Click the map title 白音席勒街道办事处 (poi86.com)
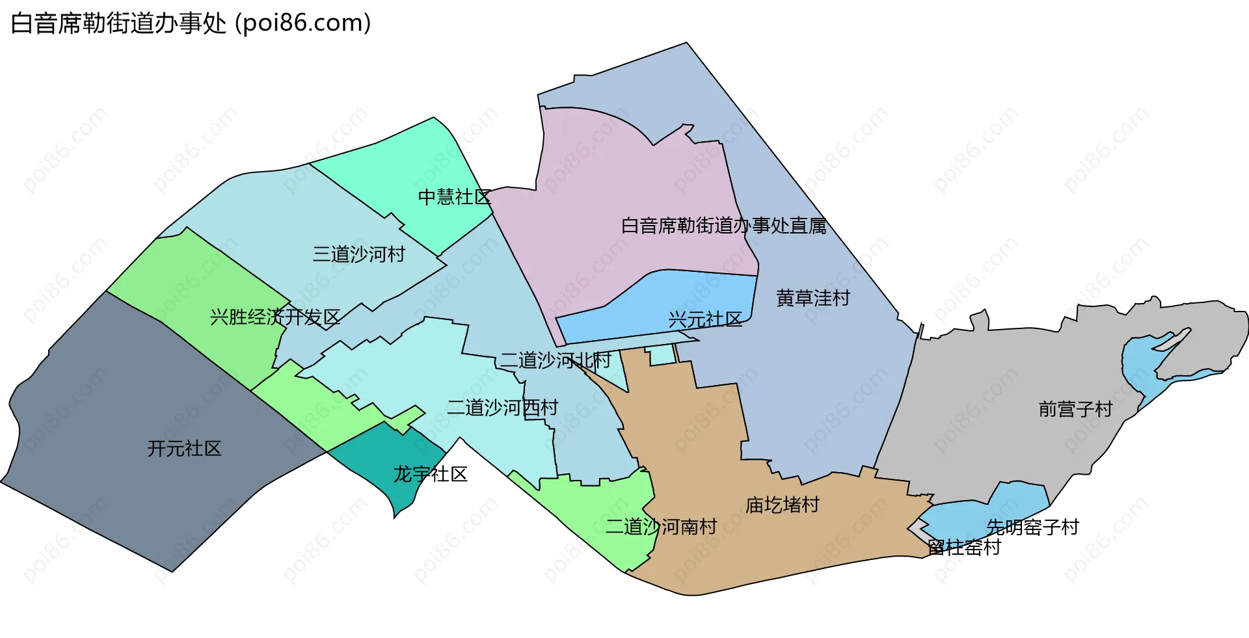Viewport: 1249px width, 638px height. [x=191, y=23]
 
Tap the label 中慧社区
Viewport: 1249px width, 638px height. [x=454, y=196]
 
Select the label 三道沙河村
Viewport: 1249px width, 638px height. [x=358, y=254]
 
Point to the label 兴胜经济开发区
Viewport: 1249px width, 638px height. [x=275, y=317]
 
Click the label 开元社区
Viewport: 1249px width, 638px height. [x=184, y=449]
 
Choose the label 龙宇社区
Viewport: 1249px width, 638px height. [x=430, y=474]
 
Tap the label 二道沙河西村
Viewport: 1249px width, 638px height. [x=502, y=408]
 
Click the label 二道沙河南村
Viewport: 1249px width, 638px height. [x=661, y=527]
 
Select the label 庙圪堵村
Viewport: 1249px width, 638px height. [x=782, y=505]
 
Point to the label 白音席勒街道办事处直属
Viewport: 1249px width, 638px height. [x=723, y=226]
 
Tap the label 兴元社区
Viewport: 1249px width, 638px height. [x=705, y=319]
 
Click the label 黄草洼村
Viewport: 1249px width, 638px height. [x=813, y=298]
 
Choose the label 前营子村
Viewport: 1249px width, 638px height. [x=1075, y=409]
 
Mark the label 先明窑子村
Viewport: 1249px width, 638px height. [x=1032, y=527]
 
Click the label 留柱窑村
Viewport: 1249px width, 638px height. [x=964, y=548]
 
